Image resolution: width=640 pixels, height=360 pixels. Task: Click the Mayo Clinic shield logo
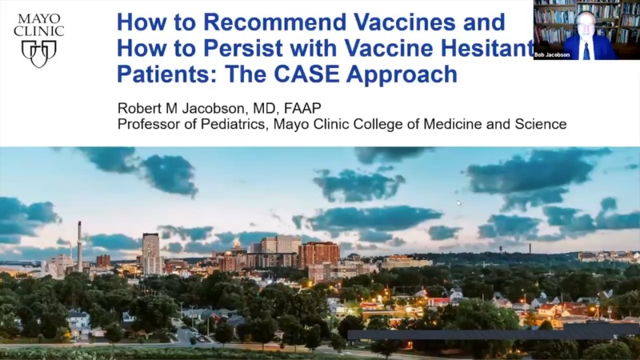pyautogui.click(x=38, y=54)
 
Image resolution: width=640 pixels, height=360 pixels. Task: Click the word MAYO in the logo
pyautogui.click(x=38, y=16)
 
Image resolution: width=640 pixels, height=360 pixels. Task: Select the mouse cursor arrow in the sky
pyautogui.click(x=459, y=203)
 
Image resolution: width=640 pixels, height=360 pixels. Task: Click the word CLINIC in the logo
pyautogui.click(x=38, y=30)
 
